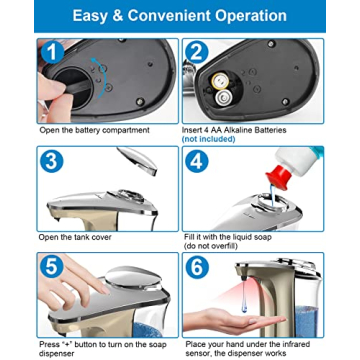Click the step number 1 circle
pyautogui.click(x=51, y=52)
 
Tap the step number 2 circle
pyautogui.click(x=197, y=52)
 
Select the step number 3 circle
pyautogui.click(x=52, y=161)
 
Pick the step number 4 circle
pyautogui.click(x=197, y=161)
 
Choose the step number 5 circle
pyautogui.click(x=51, y=267)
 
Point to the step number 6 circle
pyautogui.click(x=197, y=267)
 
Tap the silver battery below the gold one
pyautogui.click(x=222, y=98)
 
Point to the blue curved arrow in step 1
pyautogui.click(x=104, y=76)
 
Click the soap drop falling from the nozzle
pyautogui.click(x=244, y=298)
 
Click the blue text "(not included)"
pyautogui.click(x=208, y=139)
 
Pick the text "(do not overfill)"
pyautogui.click(x=210, y=246)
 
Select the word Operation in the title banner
pyautogui.click(x=258, y=17)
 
